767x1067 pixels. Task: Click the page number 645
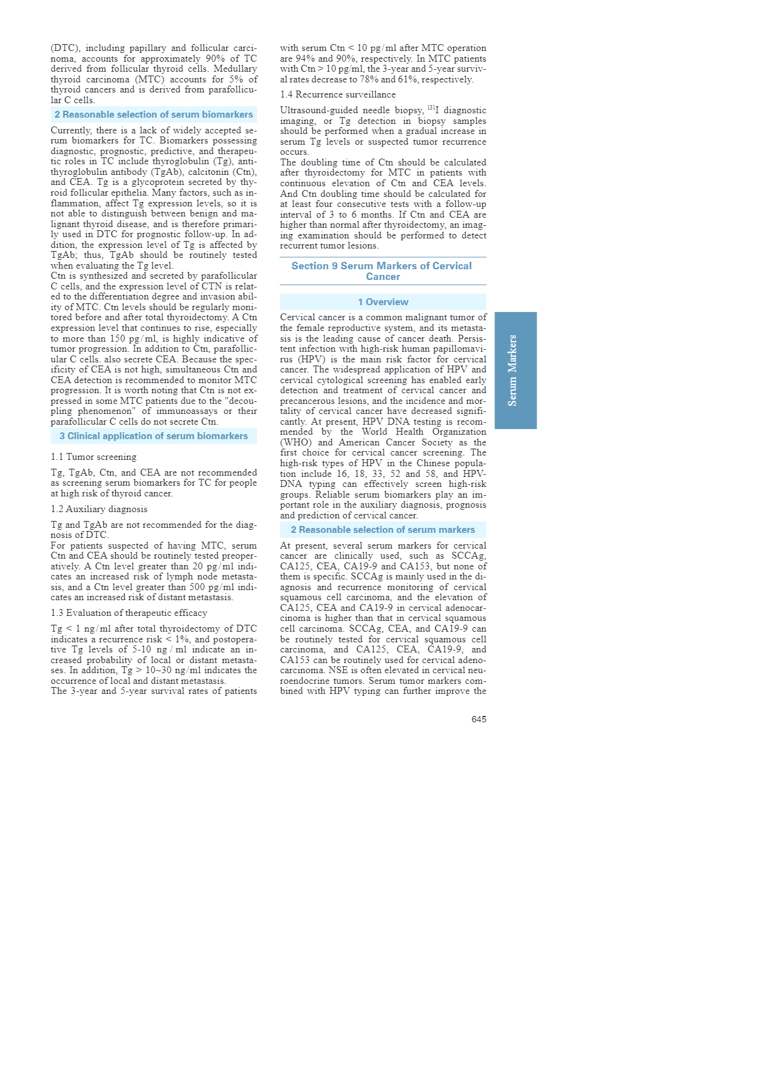click(x=479, y=719)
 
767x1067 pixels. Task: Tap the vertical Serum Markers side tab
click(x=515, y=370)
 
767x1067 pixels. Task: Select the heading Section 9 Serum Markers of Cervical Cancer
click(x=382, y=271)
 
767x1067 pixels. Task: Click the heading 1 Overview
click(x=383, y=302)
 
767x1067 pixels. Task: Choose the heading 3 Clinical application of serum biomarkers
click(x=154, y=436)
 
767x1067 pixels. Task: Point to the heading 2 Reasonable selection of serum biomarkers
click(x=154, y=115)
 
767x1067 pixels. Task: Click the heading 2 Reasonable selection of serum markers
click(x=383, y=530)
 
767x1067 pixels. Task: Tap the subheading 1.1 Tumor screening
click(x=93, y=457)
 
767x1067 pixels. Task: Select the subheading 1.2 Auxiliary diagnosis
click(x=99, y=509)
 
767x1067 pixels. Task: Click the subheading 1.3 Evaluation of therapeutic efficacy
click(x=128, y=613)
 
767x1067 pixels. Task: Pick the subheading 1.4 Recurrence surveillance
click(x=338, y=94)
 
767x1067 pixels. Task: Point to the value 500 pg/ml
click(x=211, y=587)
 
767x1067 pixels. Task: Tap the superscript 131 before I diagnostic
click(x=431, y=108)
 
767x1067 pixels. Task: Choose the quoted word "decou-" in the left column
click(x=239, y=401)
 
